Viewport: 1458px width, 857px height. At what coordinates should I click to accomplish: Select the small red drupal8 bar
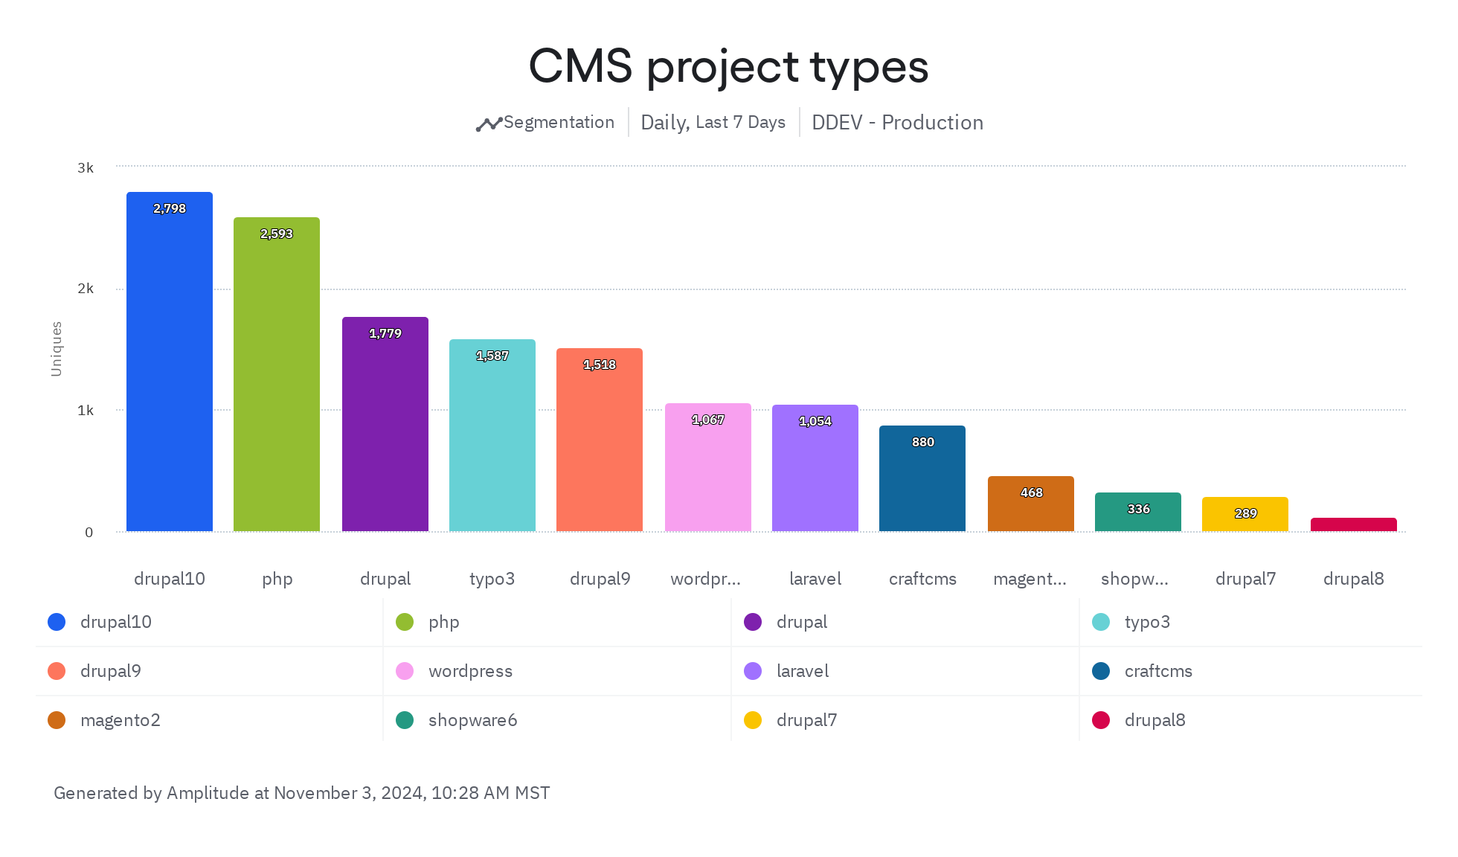(1353, 524)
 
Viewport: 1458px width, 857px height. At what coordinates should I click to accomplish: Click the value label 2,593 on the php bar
(277, 234)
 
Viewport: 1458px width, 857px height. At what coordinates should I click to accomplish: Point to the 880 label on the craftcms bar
(922, 442)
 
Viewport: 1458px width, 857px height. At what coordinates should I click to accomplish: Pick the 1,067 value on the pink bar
(708, 420)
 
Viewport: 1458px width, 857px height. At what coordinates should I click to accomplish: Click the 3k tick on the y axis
(86, 168)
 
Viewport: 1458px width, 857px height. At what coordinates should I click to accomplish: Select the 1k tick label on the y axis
(86, 411)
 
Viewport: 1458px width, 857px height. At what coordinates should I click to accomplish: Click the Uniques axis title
(57, 349)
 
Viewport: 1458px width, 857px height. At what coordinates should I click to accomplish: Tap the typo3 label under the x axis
(492, 579)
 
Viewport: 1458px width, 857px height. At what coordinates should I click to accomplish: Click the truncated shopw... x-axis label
(1134, 579)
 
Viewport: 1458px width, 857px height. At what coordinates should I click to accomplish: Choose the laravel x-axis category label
(815, 579)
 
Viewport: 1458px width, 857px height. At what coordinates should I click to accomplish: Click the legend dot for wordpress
(405, 671)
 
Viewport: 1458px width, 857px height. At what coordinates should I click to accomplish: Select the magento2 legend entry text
(120, 720)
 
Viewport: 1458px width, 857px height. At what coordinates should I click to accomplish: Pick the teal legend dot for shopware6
(405, 720)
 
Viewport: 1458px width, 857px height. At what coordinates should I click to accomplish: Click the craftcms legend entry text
(1158, 671)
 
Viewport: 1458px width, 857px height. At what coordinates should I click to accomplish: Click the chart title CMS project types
(728, 66)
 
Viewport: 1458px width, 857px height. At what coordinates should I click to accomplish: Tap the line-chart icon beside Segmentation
(489, 124)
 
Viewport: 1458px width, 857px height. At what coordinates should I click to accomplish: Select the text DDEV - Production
(897, 123)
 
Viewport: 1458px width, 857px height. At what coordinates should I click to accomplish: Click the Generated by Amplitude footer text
(301, 793)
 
